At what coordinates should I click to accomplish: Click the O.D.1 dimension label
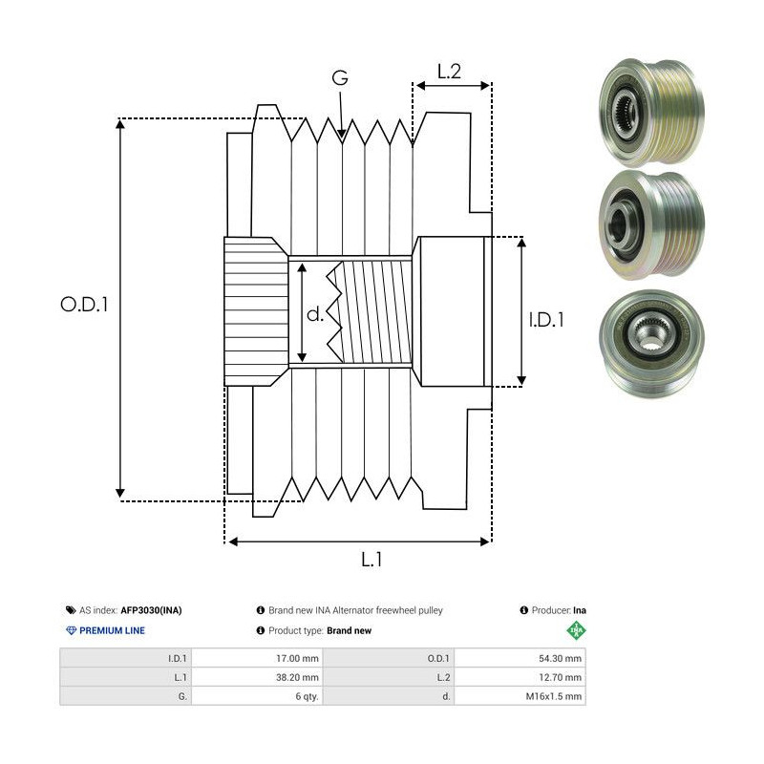click(x=85, y=305)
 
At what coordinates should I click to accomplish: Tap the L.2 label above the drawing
click(x=449, y=71)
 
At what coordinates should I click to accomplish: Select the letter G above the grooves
click(x=340, y=79)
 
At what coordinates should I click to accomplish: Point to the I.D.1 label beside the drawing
click(x=546, y=320)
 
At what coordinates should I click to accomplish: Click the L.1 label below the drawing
click(x=373, y=561)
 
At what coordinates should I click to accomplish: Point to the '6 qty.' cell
click(x=307, y=696)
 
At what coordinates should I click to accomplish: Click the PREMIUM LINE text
click(x=112, y=630)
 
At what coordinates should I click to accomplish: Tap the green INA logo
click(x=576, y=630)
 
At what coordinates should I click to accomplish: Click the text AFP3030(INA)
click(x=151, y=610)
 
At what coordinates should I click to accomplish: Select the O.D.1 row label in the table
click(x=440, y=658)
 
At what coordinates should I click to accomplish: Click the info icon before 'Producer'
click(x=524, y=610)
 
